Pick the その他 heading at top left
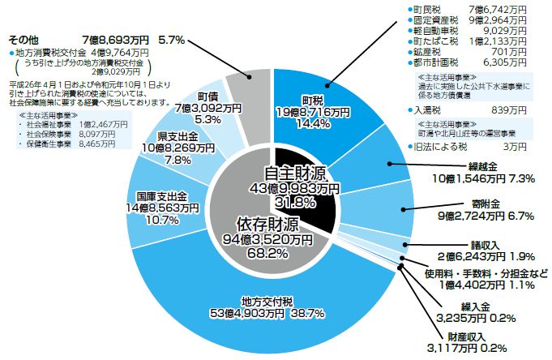point(24,38)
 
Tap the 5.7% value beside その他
point(171,38)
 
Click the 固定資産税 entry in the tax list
point(437,19)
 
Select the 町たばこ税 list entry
point(437,40)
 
